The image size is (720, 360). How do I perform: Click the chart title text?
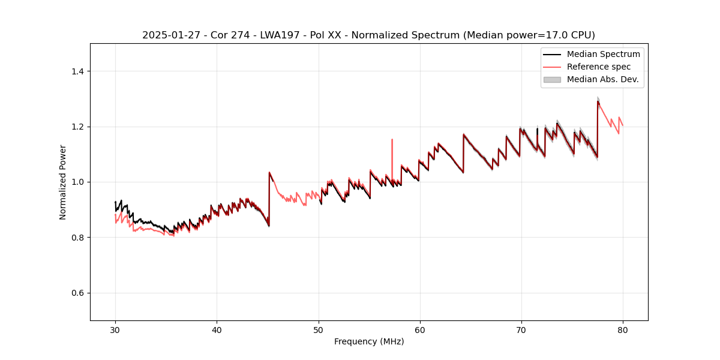click(x=368, y=35)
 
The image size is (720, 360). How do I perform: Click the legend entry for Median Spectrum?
click(x=603, y=54)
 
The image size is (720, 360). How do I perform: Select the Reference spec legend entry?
click(x=598, y=67)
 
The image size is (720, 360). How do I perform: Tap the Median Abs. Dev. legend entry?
click(x=602, y=79)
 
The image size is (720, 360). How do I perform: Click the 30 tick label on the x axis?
click(x=115, y=330)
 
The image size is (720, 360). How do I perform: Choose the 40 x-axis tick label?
click(x=217, y=330)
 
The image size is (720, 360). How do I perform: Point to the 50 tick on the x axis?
click(x=318, y=330)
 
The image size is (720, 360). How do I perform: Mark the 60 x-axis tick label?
click(x=420, y=330)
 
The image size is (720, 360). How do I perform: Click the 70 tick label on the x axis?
click(x=521, y=330)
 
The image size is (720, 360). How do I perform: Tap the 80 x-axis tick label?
click(x=623, y=330)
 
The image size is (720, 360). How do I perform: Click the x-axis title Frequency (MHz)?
click(x=369, y=341)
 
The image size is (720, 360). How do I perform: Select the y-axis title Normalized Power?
click(x=63, y=182)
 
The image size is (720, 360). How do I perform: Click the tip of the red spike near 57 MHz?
click(x=392, y=140)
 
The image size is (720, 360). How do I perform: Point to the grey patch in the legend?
click(x=551, y=79)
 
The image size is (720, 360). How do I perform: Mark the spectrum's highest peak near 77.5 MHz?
click(x=598, y=101)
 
